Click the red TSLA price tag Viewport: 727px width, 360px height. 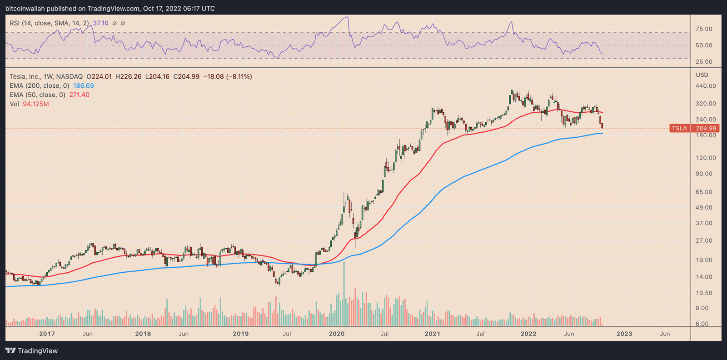point(680,129)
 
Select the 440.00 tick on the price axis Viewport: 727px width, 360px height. point(706,86)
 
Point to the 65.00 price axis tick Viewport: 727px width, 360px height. point(704,192)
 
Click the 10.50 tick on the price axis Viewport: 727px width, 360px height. point(704,293)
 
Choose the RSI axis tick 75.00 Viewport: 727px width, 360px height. point(704,29)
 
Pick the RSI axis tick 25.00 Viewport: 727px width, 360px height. point(704,62)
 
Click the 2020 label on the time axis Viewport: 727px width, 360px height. point(337,334)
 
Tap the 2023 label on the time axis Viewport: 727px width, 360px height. point(624,334)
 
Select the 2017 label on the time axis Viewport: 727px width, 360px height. point(47,334)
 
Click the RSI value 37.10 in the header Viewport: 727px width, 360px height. point(101,23)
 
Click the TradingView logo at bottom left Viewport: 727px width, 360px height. point(32,350)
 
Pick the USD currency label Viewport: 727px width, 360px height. point(702,75)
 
